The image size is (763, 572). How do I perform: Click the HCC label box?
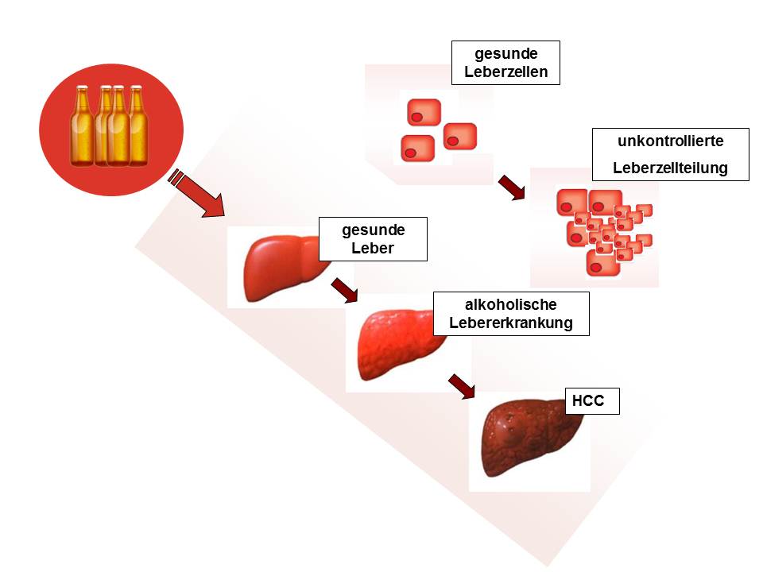[x=591, y=400]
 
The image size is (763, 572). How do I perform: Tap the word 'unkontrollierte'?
[x=670, y=141]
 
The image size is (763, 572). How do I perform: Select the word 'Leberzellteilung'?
[x=670, y=168]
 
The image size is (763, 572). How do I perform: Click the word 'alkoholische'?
[x=510, y=304]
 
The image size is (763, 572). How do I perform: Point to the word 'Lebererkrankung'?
[x=510, y=323]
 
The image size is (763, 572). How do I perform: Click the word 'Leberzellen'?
[x=505, y=71]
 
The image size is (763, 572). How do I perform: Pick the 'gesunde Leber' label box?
[x=373, y=239]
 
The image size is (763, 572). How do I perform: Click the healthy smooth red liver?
[x=282, y=268]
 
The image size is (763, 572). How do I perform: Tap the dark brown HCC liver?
[x=530, y=437]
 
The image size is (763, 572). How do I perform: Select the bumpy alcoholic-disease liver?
[x=399, y=344]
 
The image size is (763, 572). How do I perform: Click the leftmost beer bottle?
[x=82, y=126]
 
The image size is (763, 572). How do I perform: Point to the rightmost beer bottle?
[x=137, y=126]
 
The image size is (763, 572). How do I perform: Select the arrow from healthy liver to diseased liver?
[x=344, y=291]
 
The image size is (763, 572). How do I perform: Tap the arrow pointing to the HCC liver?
[x=461, y=386]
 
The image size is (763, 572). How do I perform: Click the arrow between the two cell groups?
[x=511, y=187]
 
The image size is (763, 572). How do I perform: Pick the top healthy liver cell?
[x=424, y=112]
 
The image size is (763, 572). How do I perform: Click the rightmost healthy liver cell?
[x=460, y=136]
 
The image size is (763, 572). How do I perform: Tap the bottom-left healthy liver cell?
[x=417, y=149]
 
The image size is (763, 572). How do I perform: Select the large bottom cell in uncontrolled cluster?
[x=603, y=263]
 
